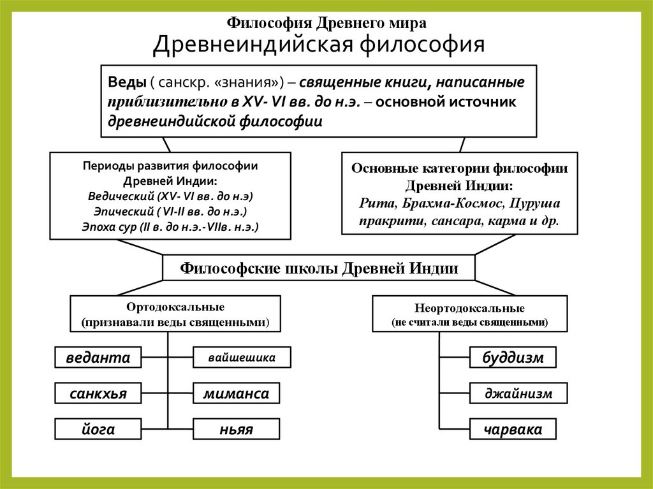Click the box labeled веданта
point(98,358)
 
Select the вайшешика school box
point(242,358)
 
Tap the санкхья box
point(98,393)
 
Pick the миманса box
point(236,393)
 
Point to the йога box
point(98,429)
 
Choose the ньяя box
point(236,429)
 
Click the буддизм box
point(513,358)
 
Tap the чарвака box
point(513,429)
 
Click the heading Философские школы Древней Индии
point(319,268)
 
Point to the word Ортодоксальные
point(175,307)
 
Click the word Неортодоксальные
point(469,309)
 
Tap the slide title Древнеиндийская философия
point(319,45)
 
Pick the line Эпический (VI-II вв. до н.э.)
point(170,210)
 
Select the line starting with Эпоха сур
point(170,226)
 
